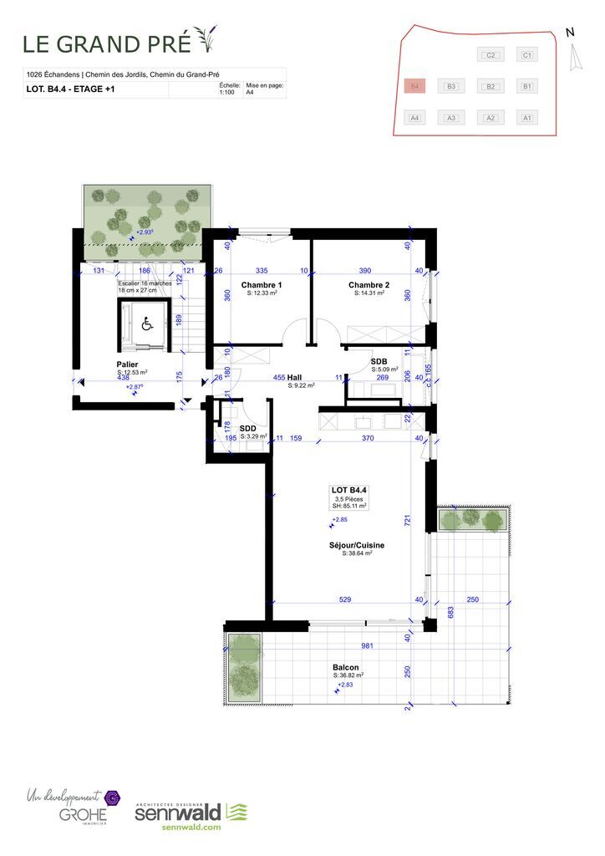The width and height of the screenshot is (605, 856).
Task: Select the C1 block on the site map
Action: click(x=526, y=55)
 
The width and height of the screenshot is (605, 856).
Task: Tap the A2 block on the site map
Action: click(x=491, y=118)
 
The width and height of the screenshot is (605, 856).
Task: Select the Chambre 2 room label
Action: click(x=369, y=285)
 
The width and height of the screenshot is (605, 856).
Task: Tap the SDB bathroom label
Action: click(x=379, y=361)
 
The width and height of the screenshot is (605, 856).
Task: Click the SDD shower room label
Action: click(x=247, y=428)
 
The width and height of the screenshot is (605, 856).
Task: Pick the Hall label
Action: click(x=294, y=377)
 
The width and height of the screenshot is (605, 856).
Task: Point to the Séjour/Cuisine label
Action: click(x=356, y=545)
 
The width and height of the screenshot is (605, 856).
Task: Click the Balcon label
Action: click(x=347, y=667)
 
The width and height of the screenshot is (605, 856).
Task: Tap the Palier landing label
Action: click(x=128, y=364)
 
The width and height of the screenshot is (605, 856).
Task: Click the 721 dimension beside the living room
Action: click(x=408, y=520)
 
